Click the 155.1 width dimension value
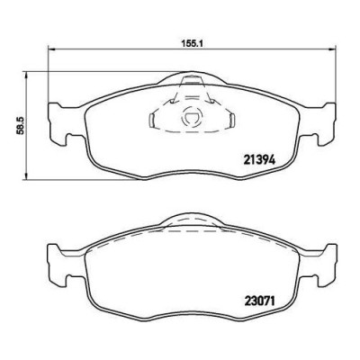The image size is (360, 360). tap(193, 44)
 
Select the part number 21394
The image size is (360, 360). tap(260, 160)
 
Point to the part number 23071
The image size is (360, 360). tap(260, 301)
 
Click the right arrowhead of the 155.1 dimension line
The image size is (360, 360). tap(331, 49)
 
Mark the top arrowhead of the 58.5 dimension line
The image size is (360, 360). tap(27, 76)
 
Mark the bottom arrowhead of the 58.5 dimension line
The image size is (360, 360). tap(27, 176)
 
